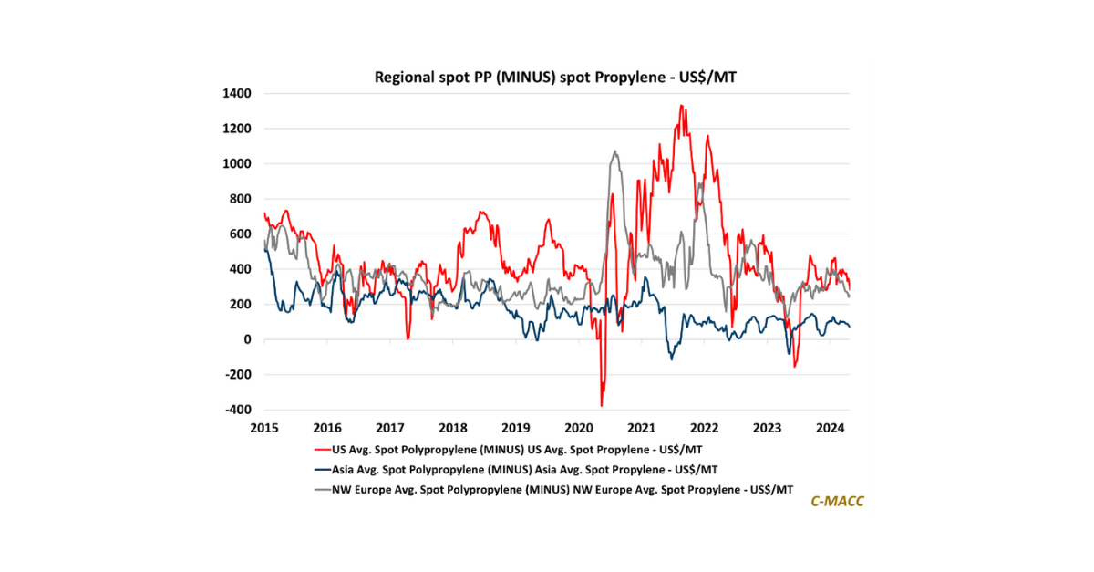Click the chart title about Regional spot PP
[555, 78]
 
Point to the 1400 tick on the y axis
[240, 93]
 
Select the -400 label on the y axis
[239, 410]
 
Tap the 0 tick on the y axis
[247, 339]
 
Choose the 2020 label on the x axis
[579, 427]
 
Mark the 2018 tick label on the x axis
[453, 427]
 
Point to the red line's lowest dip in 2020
[602, 405]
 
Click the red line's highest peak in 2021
[681, 106]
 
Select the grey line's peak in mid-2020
[615, 151]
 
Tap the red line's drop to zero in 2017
[408, 338]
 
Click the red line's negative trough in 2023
[795, 367]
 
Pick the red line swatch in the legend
[320, 449]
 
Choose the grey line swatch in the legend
[320, 490]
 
